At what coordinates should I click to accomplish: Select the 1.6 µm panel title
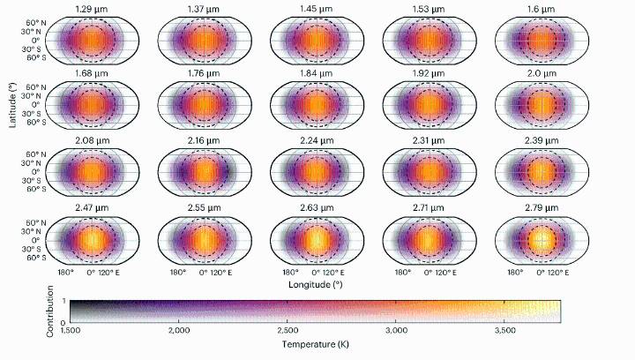click(542, 9)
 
